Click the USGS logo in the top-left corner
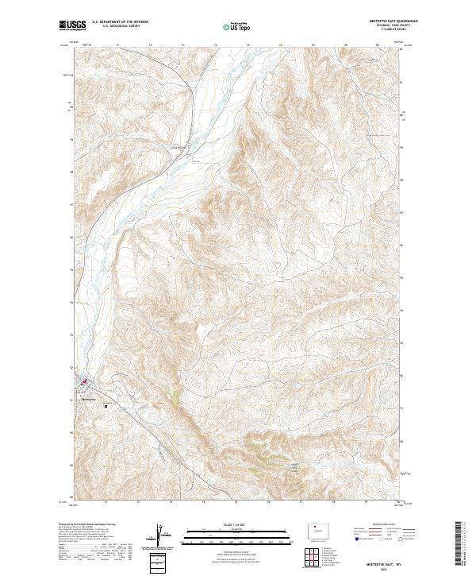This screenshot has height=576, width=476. [72, 26]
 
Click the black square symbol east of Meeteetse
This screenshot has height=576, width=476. [106, 405]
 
